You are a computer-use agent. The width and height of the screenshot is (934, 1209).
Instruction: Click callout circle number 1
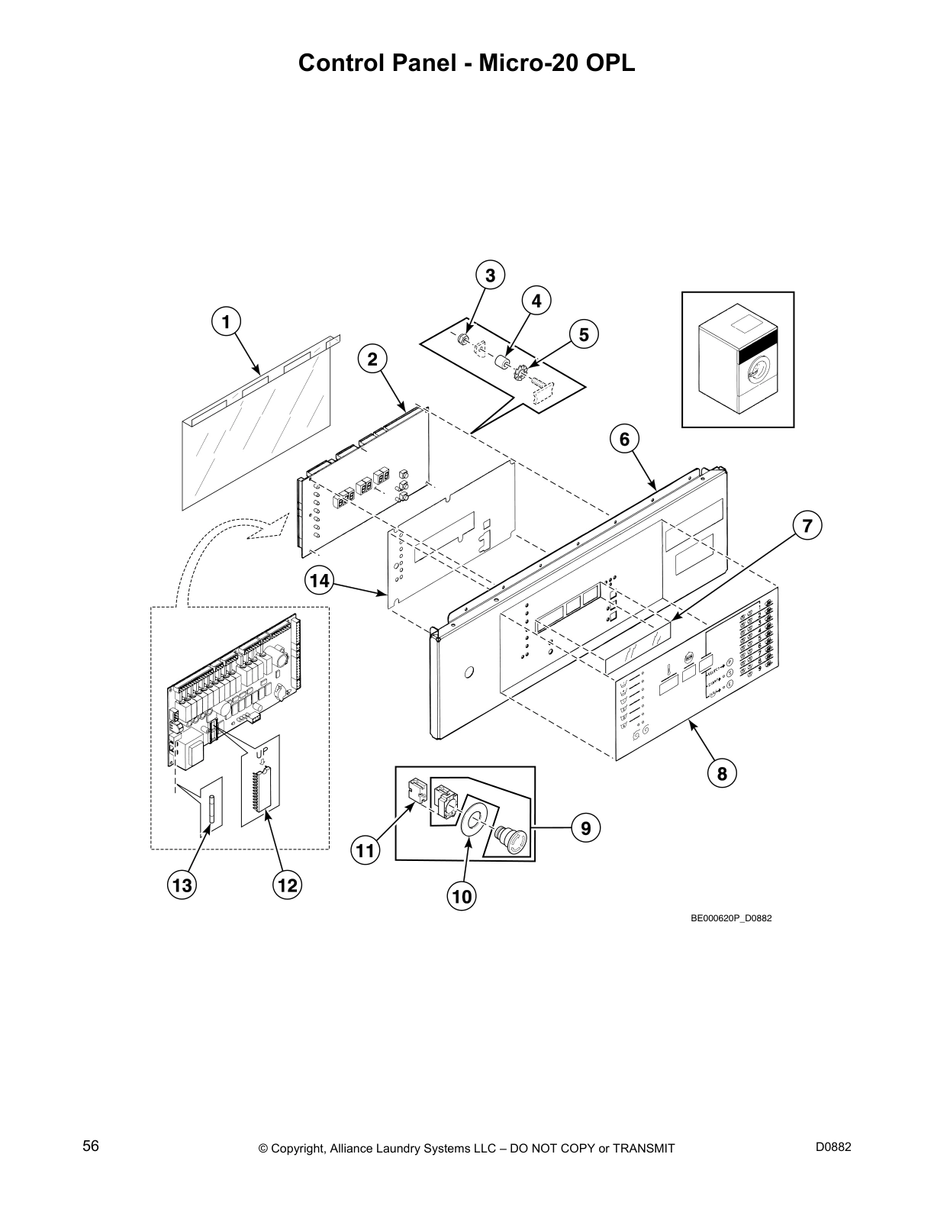[x=225, y=322]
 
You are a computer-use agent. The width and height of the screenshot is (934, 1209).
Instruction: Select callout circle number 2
[x=372, y=359]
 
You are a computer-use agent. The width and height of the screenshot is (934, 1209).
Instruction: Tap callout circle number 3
[x=491, y=276]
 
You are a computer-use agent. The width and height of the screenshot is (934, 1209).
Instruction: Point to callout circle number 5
[x=584, y=334]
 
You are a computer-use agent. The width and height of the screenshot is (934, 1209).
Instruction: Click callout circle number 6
[x=624, y=439]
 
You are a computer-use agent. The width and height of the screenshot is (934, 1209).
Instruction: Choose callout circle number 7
[x=807, y=526]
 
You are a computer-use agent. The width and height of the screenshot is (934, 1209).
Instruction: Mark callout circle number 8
[x=721, y=773]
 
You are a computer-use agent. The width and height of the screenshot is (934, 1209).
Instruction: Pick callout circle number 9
[x=585, y=827]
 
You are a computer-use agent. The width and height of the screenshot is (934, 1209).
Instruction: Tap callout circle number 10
[x=462, y=896]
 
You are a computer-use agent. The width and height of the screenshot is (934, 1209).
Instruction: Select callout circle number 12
[x=287, y=885]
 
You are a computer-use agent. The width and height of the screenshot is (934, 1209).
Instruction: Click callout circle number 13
[x=182, y=885]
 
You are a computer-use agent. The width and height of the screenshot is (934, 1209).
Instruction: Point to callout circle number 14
[x=320, y=582]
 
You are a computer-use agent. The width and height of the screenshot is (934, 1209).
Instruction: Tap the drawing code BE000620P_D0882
[x=731, y=918]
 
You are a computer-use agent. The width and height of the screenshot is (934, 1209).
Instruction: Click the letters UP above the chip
[x=262, y=752]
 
